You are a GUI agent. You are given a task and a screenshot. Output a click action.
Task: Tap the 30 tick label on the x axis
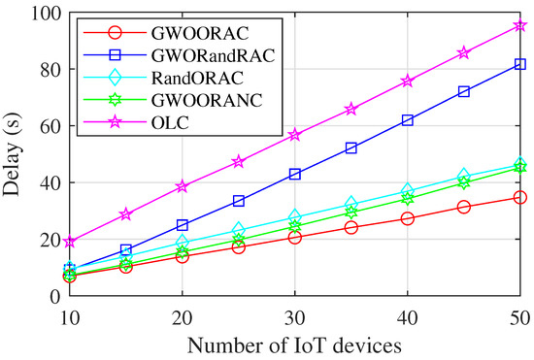(x=294, y=318)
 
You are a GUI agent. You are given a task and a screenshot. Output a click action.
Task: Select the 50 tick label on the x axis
(x=519, y=318)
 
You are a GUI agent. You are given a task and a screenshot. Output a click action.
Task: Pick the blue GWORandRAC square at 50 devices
(x=520, y=64)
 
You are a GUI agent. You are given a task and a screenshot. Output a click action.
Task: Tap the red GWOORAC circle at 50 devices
(x=520, y=197)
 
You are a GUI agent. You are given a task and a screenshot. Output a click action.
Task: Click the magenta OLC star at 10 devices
(x=69, y=242)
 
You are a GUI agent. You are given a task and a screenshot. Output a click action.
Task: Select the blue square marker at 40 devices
(x=408, y=120)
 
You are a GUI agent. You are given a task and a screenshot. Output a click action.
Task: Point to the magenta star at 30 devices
(x=294, y=135)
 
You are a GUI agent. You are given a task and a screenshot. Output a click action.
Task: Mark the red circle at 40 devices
(x=408, y=218)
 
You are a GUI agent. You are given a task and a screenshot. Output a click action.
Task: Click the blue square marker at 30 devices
(x=294, y=174)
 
